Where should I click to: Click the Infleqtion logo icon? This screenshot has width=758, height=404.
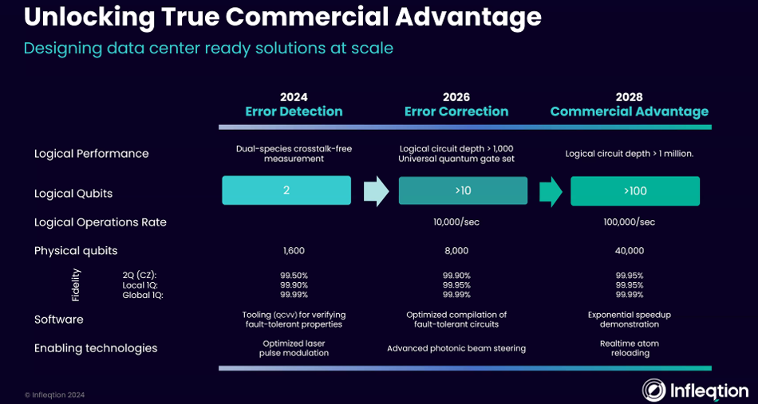655,390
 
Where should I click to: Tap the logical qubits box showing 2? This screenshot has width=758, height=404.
286,191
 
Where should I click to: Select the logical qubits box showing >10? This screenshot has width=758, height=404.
463,191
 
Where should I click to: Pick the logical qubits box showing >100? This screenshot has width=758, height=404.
635,191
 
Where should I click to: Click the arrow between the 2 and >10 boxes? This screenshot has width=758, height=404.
376,191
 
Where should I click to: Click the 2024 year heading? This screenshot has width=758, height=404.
294,97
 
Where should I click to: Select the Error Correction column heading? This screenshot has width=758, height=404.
456,112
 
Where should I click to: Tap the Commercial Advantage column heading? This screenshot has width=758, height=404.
630,112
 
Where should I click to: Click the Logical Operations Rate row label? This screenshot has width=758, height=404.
101,222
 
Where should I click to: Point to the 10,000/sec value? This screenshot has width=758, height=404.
456,222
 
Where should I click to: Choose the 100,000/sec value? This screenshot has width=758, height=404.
630,222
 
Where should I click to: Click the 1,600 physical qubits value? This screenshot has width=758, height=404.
294,251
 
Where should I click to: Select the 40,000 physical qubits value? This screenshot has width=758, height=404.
630,251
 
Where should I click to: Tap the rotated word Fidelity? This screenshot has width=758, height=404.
76,284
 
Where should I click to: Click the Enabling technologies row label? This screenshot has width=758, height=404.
96,348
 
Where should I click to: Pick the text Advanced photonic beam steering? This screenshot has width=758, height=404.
456,348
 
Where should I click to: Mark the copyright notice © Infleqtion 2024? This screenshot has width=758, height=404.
54,394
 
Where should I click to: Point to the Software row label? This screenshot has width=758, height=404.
59,320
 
